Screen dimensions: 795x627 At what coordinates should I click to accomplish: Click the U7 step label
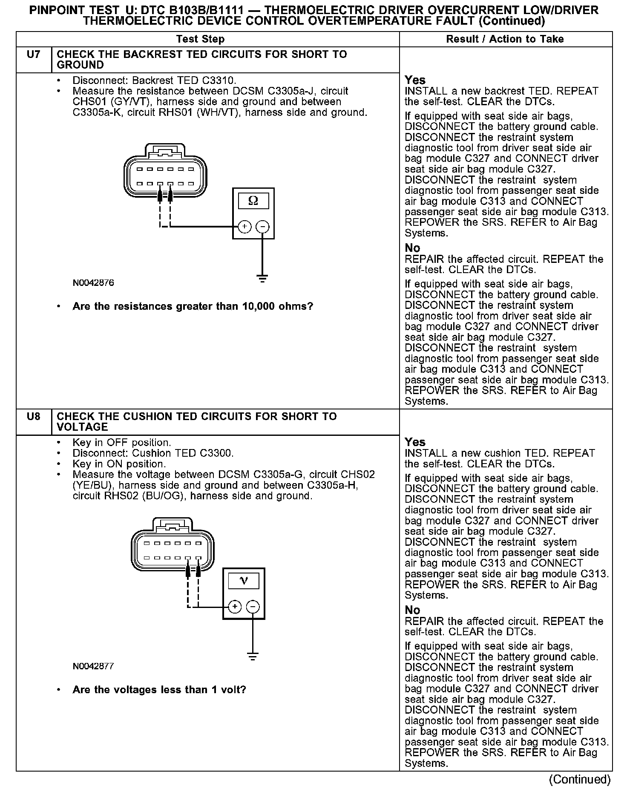[x=33, y=55]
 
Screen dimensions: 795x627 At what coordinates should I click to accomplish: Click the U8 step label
[x=33, y=417]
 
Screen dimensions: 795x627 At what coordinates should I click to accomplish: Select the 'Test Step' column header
[x=200, y=39]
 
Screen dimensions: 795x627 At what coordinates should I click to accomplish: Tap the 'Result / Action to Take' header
[x=505, y=39]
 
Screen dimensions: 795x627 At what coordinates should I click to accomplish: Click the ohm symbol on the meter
[x=253, y=201]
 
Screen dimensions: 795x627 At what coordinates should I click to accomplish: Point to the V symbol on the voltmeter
[x=244, y=581]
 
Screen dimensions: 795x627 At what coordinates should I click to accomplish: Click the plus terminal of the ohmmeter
[x=244, y=226]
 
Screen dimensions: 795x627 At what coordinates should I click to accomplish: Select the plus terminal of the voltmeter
[x=235, y=607]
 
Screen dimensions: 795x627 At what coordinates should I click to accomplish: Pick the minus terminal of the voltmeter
[x=253, y=607]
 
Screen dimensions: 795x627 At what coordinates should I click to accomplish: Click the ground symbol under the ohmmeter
[x=262, y=279]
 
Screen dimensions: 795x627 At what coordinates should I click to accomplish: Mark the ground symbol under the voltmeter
[x=253, y=657]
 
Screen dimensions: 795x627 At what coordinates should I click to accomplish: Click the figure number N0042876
[x=93, y=283]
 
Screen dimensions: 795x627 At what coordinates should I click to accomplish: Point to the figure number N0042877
[x=93, y=666]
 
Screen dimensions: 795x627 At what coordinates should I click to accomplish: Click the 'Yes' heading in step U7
[x=415, y=80]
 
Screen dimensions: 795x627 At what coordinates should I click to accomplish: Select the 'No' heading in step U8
[x=412, y=610]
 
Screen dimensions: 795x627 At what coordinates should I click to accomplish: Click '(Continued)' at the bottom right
[x=580, y=779]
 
